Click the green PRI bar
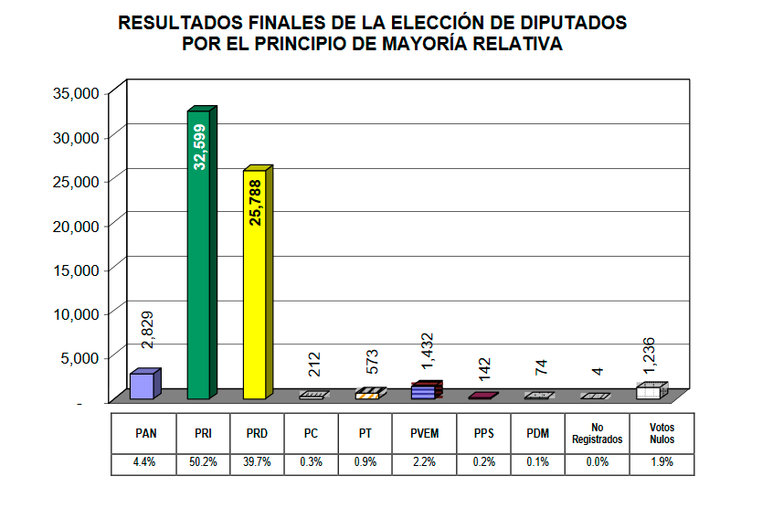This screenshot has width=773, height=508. point(199,256)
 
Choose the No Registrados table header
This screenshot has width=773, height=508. point(597,434)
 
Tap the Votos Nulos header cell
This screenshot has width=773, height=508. point(662,434)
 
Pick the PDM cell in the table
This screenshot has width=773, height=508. point(537,434)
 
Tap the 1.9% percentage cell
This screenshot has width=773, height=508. point(662,462)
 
